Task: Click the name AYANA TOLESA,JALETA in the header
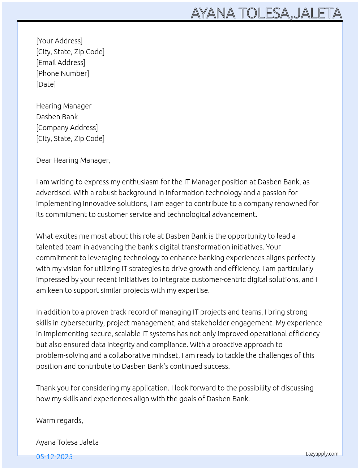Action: point(266,13)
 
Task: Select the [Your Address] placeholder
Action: point(59,41)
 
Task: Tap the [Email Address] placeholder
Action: point(61,63)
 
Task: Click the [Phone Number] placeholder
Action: point(63,73)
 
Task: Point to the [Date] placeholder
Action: point(46,84)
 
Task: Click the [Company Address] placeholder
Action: point(67,128)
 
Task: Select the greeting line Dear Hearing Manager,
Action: point(73,160)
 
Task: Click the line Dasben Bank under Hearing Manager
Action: point(57,117)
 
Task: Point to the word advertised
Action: point(53,193)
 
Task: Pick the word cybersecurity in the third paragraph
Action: point(81,323)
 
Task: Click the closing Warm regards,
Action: point(60,420)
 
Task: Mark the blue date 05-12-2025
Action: point(54,457)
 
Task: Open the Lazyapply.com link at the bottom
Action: point(322,454)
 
